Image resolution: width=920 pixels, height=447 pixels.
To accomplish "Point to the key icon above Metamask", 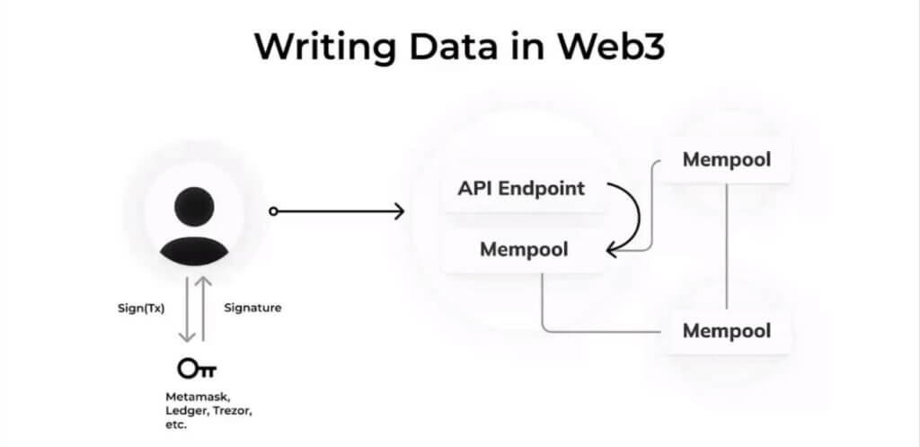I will pos(197,368).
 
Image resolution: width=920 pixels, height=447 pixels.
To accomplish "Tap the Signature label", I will pos(252,308).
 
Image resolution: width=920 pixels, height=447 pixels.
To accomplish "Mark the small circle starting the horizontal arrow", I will pos(274,211).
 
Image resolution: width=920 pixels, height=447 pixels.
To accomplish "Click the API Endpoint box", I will pos(521,189).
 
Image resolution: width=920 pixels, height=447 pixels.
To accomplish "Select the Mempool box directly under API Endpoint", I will pos(524,249).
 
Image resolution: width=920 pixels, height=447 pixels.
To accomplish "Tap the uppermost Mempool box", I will pos(726,160).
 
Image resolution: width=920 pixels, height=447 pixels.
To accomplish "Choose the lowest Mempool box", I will pos(726,330).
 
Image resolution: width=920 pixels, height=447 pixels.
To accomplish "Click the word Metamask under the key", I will pos(196,396).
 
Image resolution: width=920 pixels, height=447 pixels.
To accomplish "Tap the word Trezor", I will pos(229,410).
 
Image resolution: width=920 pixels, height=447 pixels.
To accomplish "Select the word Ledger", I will pos(184,410).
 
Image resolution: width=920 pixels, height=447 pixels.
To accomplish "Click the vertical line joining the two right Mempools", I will pos(726,243).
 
